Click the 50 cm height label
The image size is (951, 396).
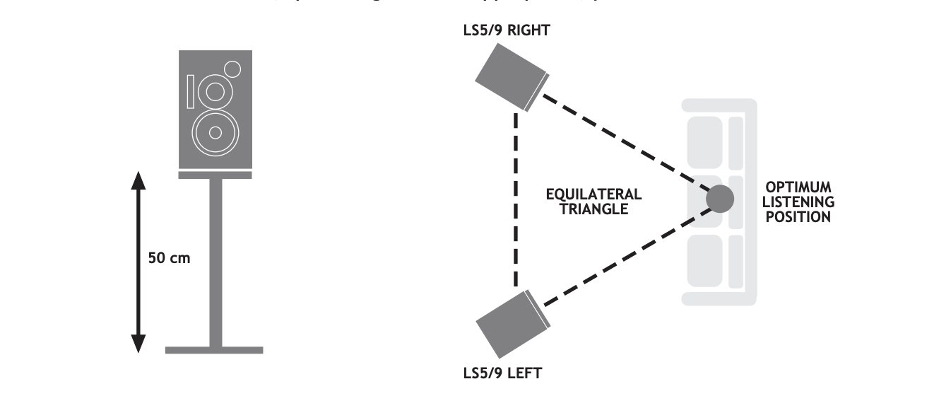[169, 258]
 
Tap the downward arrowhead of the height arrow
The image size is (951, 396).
[138, 342]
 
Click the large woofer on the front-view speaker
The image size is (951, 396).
[215, 132]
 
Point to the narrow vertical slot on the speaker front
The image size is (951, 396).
[191, 92]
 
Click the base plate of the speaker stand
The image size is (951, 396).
[214, 350]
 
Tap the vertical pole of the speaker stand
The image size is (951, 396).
[215, 262]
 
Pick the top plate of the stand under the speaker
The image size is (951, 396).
[215, 175]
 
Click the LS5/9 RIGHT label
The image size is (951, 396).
[507, 30]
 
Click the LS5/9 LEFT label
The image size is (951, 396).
[502, 373]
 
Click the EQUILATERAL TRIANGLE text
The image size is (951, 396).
[593, 201]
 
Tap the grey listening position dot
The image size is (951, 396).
[720, 199]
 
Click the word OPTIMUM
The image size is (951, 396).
[799, 187]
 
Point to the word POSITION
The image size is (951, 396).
[798, 216]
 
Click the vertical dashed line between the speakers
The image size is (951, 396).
[516, 198]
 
